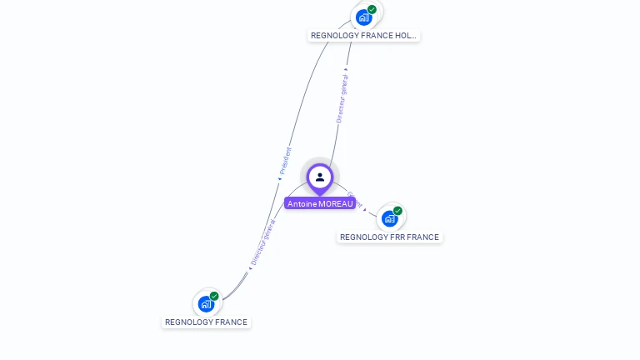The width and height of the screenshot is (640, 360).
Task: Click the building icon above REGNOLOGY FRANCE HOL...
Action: (x=363, y=17)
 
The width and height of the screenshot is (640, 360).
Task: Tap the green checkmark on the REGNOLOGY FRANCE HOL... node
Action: (x=372, y=9)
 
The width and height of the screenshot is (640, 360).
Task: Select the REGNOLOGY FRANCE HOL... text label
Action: (x=363, y=36)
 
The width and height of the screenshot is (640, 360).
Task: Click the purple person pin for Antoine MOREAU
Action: (x=320, y=177)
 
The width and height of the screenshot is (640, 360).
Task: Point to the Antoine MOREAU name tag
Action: (x=320, y=203)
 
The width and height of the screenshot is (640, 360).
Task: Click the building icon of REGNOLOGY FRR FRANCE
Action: (x=389, y=219)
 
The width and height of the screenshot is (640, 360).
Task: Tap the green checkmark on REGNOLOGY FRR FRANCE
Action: (x=397, y=211)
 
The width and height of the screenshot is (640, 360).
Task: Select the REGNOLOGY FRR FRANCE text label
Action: (x=389, y=237)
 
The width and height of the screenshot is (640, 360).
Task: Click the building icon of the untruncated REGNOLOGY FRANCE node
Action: (x=206, y=304)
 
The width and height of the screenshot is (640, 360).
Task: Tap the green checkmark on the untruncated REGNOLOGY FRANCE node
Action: (x=214, y=296)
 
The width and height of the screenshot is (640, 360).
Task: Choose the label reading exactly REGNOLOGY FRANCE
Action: (x=206, y=322)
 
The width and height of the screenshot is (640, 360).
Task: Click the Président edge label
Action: (x=286, y=160)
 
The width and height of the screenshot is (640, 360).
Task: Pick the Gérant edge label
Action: (x=353, y=199)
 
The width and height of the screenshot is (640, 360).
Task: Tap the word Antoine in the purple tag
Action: (x=302, y=203)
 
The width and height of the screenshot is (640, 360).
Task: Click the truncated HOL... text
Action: (x=405, y=36)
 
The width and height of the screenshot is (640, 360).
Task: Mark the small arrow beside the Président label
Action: (x=280, y=177)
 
